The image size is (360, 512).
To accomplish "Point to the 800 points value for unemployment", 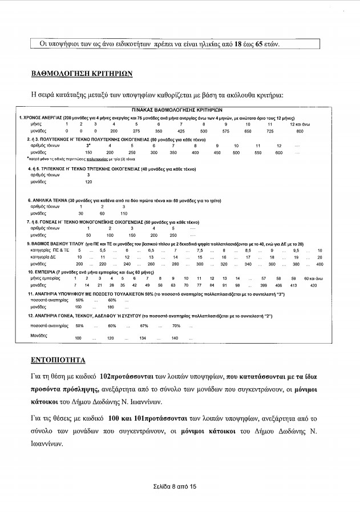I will [300, 131].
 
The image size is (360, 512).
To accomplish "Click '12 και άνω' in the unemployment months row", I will [300, 124].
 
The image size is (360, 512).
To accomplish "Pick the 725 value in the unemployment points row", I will [270, 131].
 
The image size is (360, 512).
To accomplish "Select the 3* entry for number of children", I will [88, 146].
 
